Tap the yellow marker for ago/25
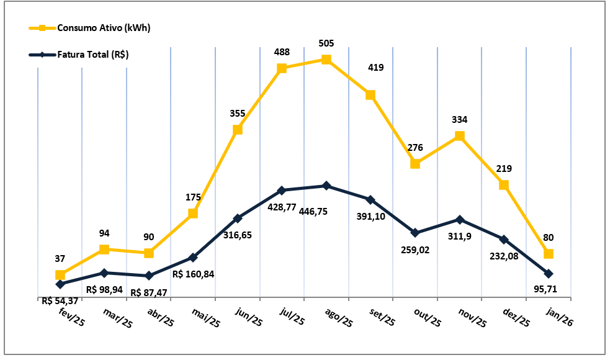[326, 60]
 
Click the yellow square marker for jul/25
[282, 68]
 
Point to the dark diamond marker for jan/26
[549, 274]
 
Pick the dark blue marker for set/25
[370, 200]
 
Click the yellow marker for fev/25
[60, 275]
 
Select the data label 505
[326, 43]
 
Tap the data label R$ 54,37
[60, 300]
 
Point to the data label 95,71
[549, 289]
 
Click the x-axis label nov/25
[472, 318]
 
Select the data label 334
[460, 120]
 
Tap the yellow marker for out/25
[415, 164]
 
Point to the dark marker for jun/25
[238, 218]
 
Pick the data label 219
[504, 169]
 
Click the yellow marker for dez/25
[504, 185]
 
